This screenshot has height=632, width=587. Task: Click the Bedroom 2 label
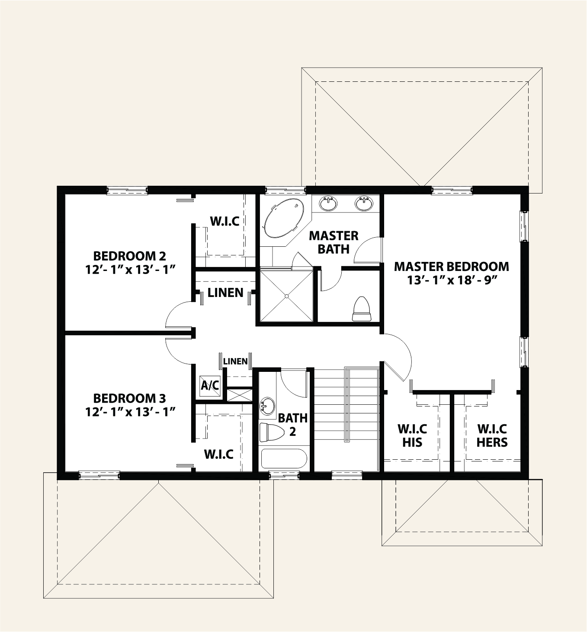(x=130, y=255)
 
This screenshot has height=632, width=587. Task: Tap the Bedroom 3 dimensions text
(x=130, y=411)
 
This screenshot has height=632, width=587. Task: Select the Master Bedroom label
(x=451, y=266)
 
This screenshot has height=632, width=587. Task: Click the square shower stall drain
(x=286, y=296)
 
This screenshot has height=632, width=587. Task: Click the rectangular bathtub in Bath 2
(x=284, y=459)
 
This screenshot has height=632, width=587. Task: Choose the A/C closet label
(x=210, y=385)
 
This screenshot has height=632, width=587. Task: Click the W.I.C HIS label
(x=412, y=435)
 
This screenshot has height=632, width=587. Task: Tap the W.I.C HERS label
(x=492, y=435)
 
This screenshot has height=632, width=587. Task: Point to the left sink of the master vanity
(x=329, y=203)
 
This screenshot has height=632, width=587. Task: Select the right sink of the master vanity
(x=364, y=203)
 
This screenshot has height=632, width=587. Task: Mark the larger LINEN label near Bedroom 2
(x=225, y=293)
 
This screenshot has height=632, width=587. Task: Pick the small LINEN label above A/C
(x=235, y=361)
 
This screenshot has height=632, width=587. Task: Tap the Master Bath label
(x=334, y=242)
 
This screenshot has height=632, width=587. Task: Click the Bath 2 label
(x=293, y=425)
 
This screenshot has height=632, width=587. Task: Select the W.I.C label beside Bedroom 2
(x=225, y=221)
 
